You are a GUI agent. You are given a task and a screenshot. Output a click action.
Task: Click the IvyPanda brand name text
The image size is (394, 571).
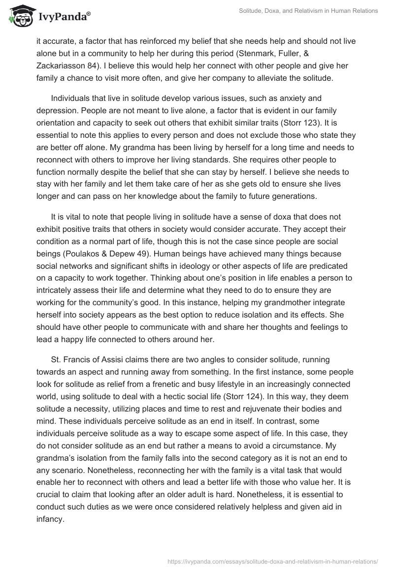pyautogui.click(x=64, y=17)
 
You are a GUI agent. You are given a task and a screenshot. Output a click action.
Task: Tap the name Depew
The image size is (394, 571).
pyautogui.click(x=201, y=241)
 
